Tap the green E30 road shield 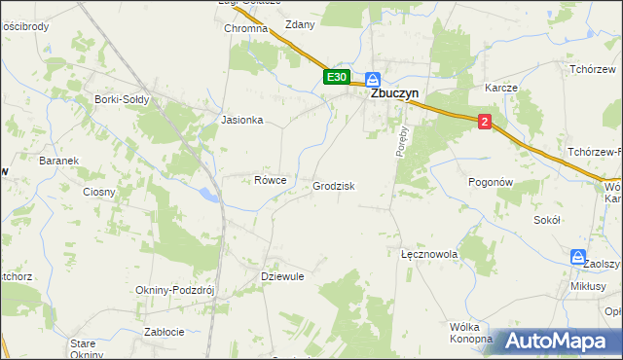[336, 77]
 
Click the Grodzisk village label [333, 186]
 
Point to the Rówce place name [270, 180]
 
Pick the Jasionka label [242, 121]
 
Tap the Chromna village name [245, 29]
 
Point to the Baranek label [57, 161]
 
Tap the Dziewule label [283, 276]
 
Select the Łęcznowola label [429, 253]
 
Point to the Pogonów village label [490, 182]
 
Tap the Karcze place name [500, 87]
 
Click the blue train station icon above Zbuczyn [373, 79]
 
